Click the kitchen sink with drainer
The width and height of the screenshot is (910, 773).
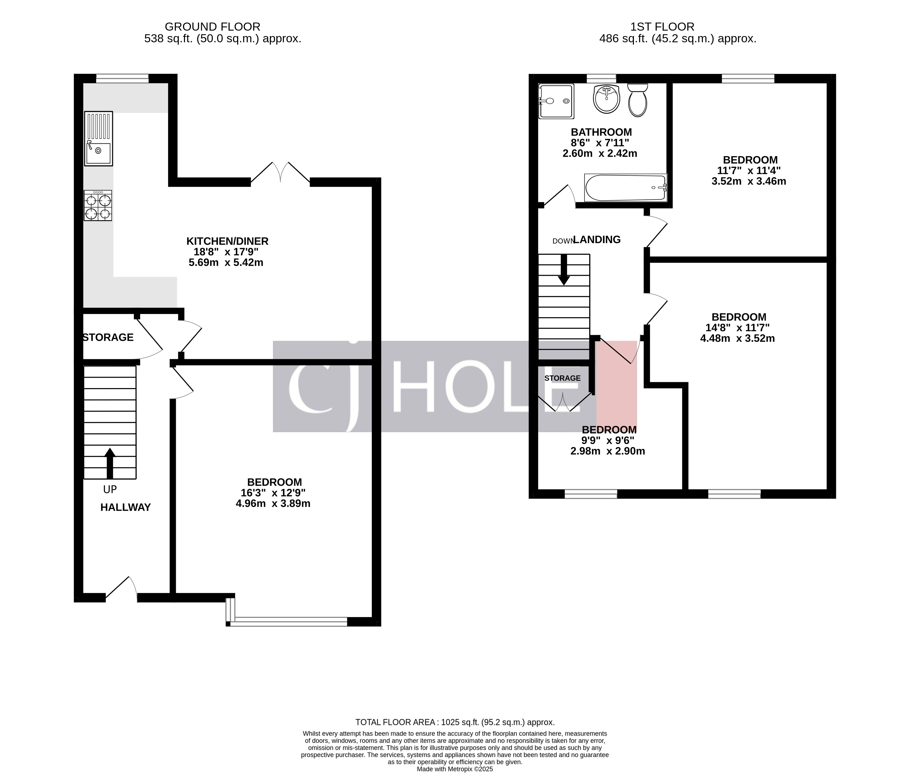click(x=99, y=139)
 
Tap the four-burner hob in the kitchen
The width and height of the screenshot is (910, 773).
click(x=98, y=205)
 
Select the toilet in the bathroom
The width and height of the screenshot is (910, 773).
click(x=637, y=101)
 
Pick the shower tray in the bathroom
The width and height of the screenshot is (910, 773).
click(x=556, y=101)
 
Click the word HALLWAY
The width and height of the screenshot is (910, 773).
click(x=125, y=507)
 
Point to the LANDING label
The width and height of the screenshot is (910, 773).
click(x=597, y=240)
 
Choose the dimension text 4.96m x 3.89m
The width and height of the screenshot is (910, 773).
click(x=273, y=503)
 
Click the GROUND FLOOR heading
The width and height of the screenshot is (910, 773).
click(x=212, y=27)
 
